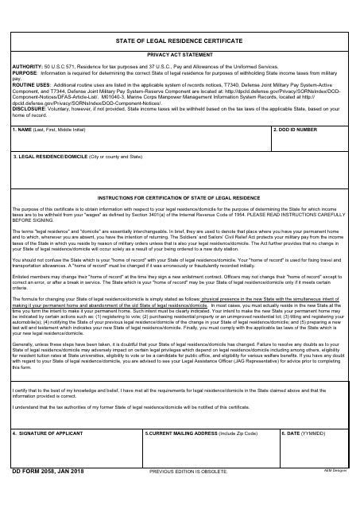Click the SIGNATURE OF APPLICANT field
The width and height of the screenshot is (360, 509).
click(x=75, y=460)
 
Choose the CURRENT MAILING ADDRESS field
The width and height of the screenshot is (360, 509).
click(x=210, y=460)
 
